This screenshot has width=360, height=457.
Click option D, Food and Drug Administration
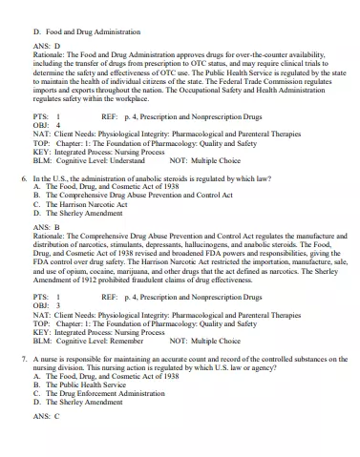coord(86,31)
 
